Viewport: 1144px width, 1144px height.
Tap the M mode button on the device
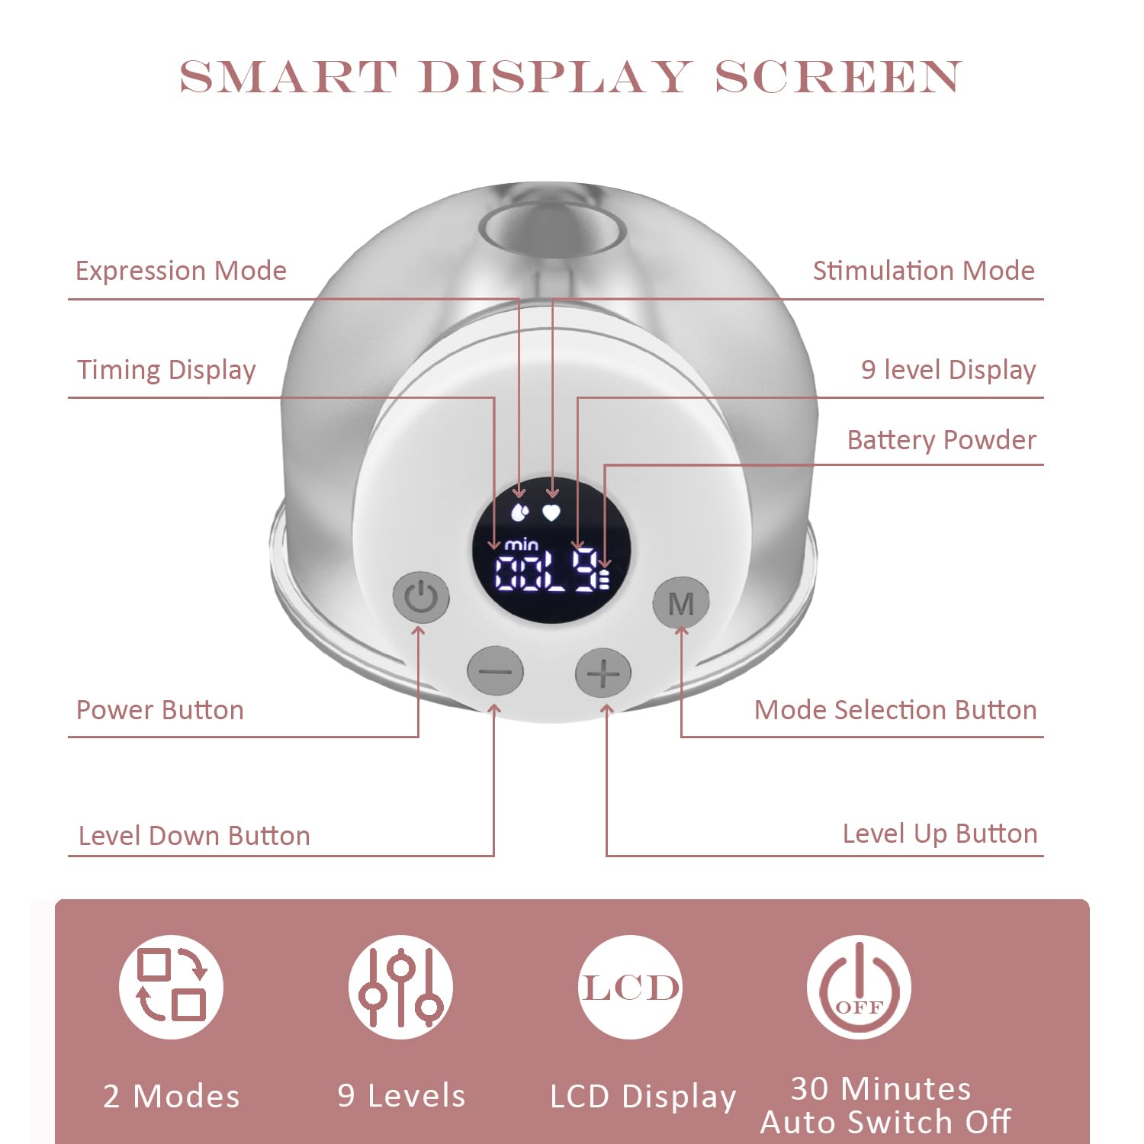coord(681,603)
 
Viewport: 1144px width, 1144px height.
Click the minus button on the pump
coord(496,672)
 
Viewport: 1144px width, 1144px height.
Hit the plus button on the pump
coord(603,673)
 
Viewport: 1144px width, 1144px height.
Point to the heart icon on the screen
coord(551,512)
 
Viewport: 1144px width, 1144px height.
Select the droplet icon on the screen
coord(519,511)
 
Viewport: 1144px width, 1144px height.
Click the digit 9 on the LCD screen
coord(586,569)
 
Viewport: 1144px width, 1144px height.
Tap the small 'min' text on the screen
coord(522,545)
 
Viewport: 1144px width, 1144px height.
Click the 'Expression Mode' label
coord(181,271)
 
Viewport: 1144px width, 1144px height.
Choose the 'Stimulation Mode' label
coord(924,271)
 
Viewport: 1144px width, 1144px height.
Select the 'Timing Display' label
coord(166,371)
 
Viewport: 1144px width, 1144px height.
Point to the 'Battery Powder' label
coord(942,440)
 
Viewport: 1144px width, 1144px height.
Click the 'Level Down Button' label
coord(194,836)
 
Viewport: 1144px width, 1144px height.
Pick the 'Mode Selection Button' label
coord(895,710)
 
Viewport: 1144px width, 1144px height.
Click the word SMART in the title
coord(288,77)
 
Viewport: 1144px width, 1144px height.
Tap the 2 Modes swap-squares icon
coord(172,986)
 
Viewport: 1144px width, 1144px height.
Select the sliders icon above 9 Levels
coord(401,986)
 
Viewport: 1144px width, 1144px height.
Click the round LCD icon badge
coord(630,986)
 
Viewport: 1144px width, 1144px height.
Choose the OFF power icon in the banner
coord(860,986)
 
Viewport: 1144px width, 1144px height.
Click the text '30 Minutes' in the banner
coord(881,1088)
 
